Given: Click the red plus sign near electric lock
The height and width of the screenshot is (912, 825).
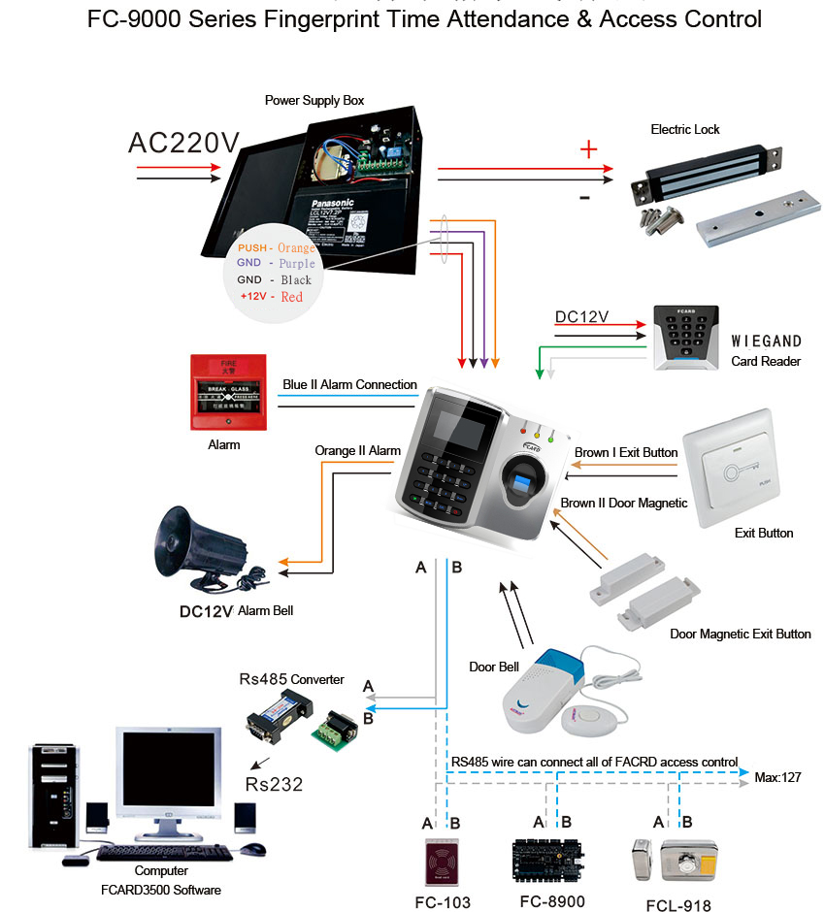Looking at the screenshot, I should click(587, 149).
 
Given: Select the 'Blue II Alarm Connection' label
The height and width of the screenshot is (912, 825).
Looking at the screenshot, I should click(349, 385).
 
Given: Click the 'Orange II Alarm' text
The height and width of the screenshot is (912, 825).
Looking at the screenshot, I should click(357, 451).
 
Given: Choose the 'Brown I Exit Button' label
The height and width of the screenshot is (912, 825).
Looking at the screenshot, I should click(626, 453).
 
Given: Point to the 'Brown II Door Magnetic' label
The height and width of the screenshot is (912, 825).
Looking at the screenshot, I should click(624, 503).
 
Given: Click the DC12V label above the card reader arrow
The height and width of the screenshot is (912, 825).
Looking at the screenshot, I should click(581, 317).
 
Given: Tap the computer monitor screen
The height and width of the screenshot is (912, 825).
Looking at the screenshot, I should click(163, 775).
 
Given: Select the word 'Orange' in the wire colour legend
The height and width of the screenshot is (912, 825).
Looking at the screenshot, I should click(296, 248).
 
